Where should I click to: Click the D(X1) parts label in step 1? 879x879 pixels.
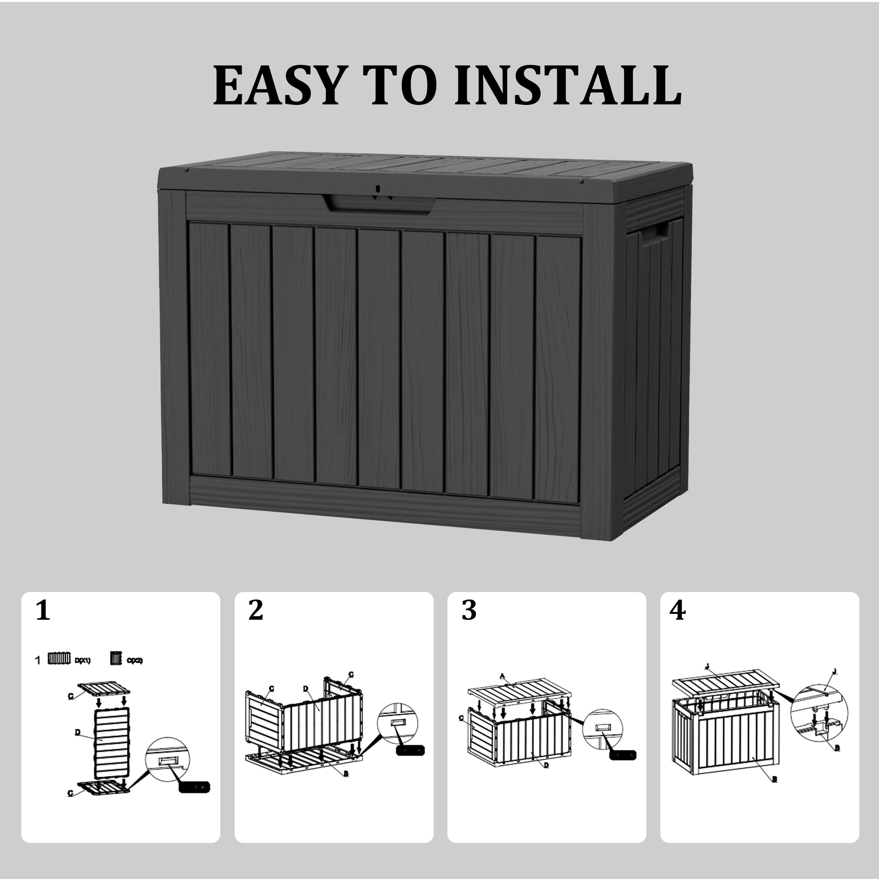coord(83,660)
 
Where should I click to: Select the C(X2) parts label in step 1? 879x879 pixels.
coord(135,660)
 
